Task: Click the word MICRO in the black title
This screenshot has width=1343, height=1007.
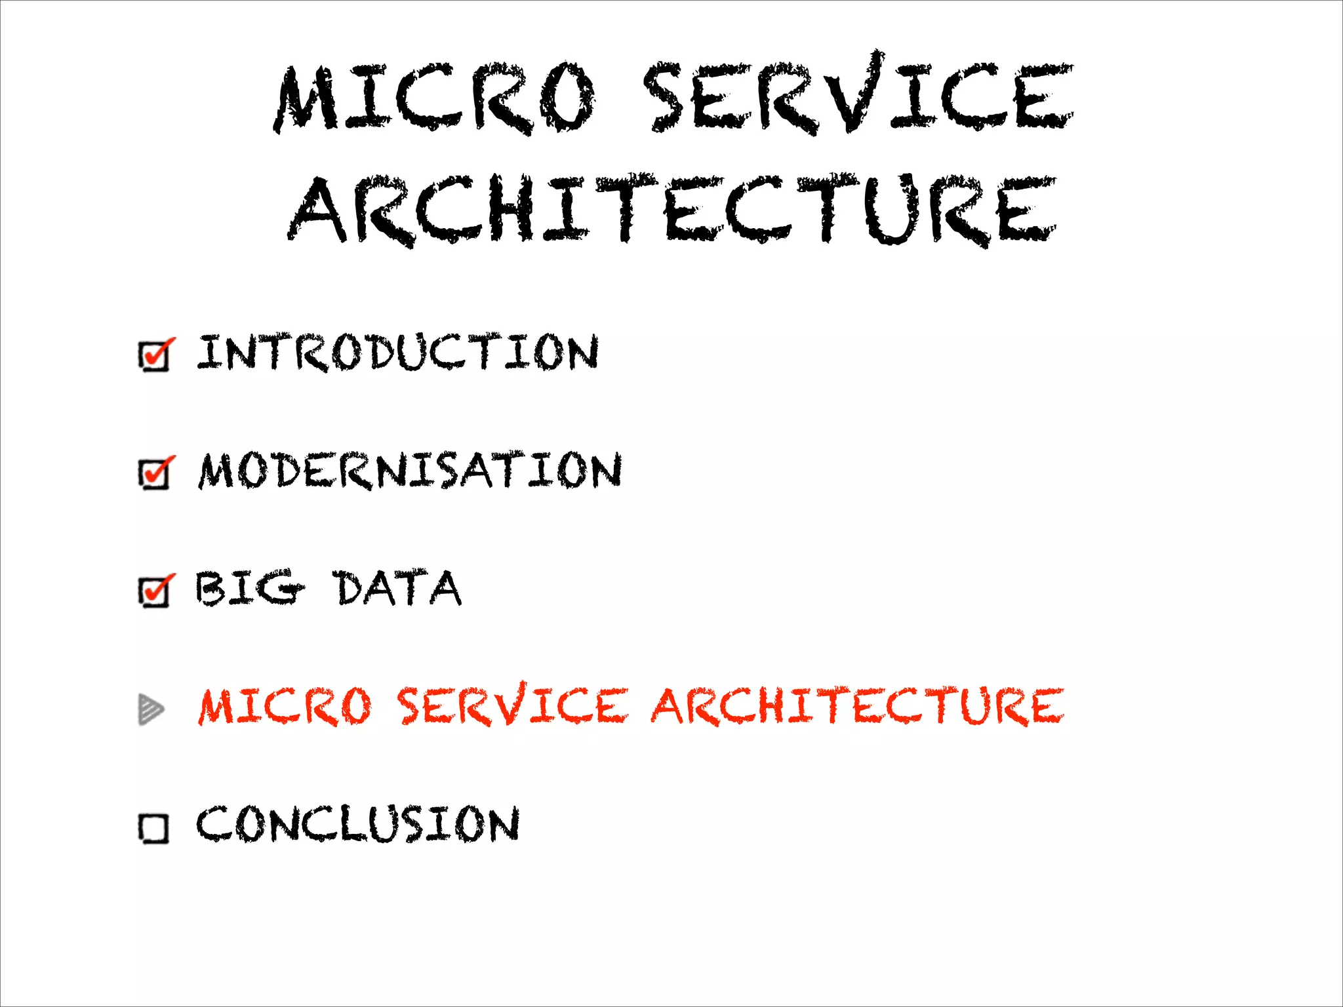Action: [x=436, y=98]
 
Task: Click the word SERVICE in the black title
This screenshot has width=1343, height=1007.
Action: [x=858, y=95]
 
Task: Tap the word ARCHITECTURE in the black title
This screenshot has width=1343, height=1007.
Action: [x=672, y=210]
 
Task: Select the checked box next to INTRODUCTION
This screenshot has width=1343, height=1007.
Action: [x=155, y=356]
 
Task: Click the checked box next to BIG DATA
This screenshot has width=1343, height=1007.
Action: [x=155, y=591]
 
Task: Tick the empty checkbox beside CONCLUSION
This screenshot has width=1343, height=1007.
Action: [x=153, y=828]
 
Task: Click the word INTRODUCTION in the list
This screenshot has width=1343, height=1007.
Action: [x=398, y=353]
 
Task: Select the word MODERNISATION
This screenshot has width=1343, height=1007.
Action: [x=411, y=471]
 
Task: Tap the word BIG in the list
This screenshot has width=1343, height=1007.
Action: [x=249, y=588]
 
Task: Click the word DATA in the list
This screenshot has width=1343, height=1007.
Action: [x=398, y=588]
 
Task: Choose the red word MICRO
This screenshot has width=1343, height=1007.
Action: [x=285, y=707]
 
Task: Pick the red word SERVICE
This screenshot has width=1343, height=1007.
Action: [x=513, y=705]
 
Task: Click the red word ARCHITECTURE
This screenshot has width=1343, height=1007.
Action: [x=857, y=706]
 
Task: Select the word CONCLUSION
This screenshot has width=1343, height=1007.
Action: [x=358, y=824]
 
